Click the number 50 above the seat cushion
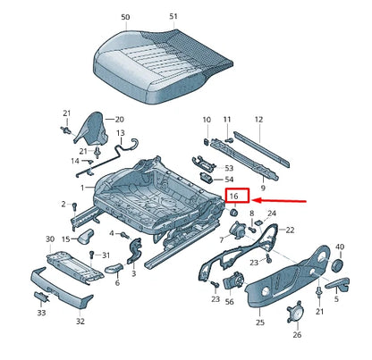click(125, 17)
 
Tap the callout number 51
click(173, 17)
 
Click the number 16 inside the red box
click(233, 196)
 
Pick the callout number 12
click(258, 120)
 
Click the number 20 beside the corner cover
click(120, 120)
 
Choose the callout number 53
click(229, 167)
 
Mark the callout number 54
click(229, 180)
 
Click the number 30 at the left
click(49, 239)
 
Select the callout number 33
click(41, 314)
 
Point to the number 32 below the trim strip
click(80, 321)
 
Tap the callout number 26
click(297, 335)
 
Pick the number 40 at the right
click(340, 246)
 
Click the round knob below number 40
click(338, 264)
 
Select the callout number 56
click(230, 303)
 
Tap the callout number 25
click(260, 315)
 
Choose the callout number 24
click(273, 214)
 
